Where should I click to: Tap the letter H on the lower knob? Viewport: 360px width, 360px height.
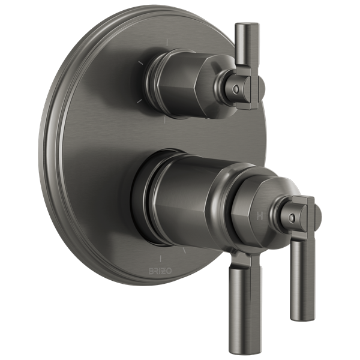(260, 213)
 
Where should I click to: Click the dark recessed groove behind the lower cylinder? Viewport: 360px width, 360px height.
(144, 198)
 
